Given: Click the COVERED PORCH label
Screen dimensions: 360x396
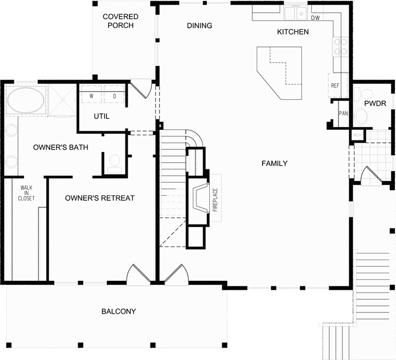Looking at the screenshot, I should (x=120, y=21).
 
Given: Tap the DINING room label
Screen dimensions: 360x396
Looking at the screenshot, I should (x=200, y=26).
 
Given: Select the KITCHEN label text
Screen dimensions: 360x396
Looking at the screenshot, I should (x=293, y=32).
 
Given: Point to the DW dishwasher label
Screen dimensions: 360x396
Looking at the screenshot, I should (x=315, y=18).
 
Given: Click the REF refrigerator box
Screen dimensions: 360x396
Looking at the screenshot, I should (x=335, y=86).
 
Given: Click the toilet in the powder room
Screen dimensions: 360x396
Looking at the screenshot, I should (x=361, y=117).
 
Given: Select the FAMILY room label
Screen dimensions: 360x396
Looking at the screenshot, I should (x=274, y=163).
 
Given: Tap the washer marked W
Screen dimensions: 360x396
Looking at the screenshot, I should (x=91, y=95).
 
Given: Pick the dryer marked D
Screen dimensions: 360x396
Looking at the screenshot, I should (x=114, y=95).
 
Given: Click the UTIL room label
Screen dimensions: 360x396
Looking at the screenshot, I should (x=102, y=116).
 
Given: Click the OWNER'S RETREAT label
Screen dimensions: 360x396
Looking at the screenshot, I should (x=99, y=198).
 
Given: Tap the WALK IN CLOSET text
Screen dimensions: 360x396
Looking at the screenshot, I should (x=26, y=193).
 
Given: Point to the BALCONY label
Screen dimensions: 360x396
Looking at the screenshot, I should (x=118, y=311).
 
